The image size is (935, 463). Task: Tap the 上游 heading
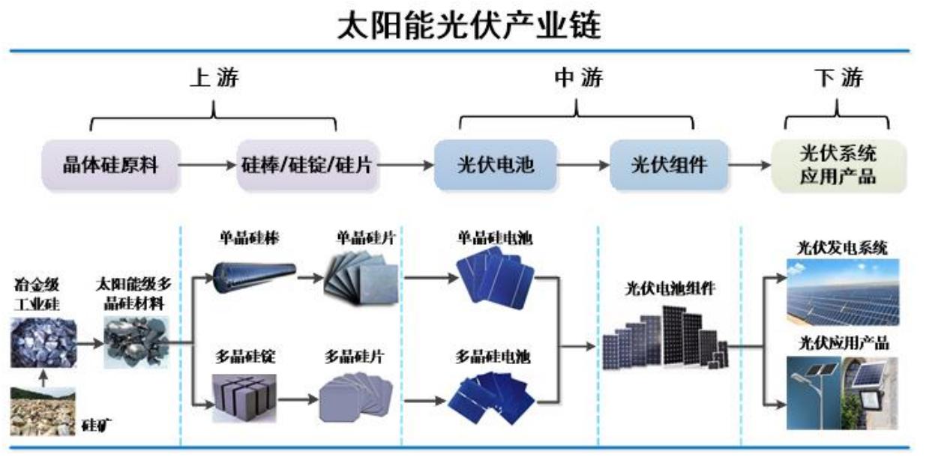214,77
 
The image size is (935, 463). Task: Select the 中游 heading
577,77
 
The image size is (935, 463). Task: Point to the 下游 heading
838,77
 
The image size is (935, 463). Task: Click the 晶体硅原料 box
110,164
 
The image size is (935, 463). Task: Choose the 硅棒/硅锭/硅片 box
308,164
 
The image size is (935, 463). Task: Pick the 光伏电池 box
496,164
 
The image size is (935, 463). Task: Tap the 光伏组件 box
669,164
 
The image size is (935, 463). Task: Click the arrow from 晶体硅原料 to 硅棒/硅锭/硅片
208,165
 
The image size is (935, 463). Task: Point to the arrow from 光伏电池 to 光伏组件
583,165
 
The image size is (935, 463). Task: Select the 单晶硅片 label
365,237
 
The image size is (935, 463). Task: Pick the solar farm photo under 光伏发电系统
842,291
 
